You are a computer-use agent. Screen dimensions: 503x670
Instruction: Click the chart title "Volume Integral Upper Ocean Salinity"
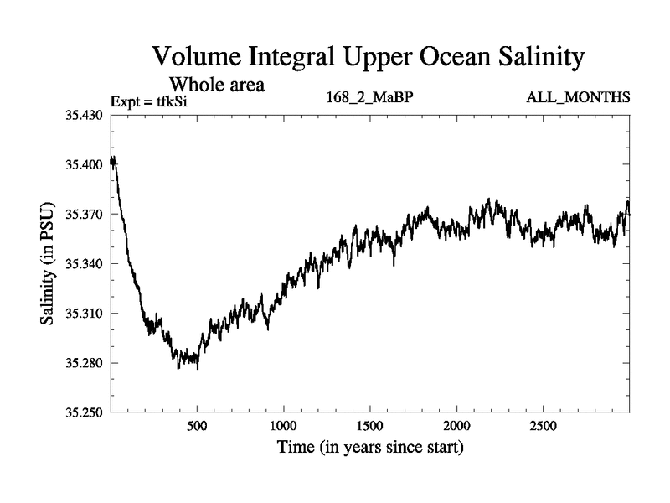tap(366, 58)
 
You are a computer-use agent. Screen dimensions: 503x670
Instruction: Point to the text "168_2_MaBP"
tap(369, 98)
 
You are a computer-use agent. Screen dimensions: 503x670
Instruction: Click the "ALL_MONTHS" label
tap(578, 98)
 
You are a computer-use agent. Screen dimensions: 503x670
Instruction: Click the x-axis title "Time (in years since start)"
tap(369, 448)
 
